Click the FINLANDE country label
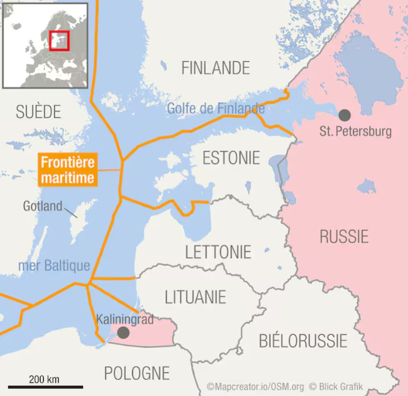click(x=215, y=68)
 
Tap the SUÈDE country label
click(x=38, y=112)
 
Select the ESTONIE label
click(x=231, y=158)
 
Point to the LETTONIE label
click(x=218, y=252)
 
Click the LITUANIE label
click(x=195, y=297)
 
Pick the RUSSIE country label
click(x=344, y=237)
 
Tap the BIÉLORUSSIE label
click(x=303, y=341)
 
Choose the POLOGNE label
click(x=137, y=373)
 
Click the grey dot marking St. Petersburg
click(x=344, y=115)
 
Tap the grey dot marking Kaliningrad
click(x=123, y=333)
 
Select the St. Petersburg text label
click(x=356, y=131)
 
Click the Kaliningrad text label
click(x=125, y=320)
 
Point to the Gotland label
click(x=43, y=206)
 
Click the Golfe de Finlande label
click(x=216, y=108)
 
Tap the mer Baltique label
click(x=54, y=266)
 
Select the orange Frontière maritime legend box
click(x=67, y=170)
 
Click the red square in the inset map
click(x=59, y=40)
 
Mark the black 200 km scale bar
click(x=45, y=386)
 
